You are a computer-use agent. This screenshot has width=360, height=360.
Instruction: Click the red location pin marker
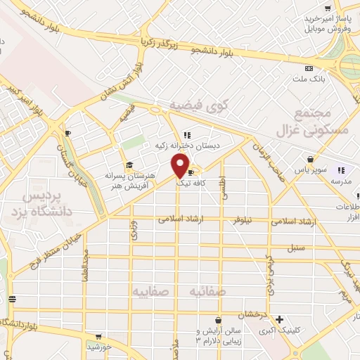180,166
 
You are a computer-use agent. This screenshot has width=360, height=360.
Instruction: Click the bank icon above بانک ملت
309,68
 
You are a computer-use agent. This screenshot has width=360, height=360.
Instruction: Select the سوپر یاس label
309,169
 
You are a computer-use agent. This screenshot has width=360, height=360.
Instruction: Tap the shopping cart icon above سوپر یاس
310,159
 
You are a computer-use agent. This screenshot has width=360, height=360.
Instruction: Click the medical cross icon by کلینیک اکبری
280,319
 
